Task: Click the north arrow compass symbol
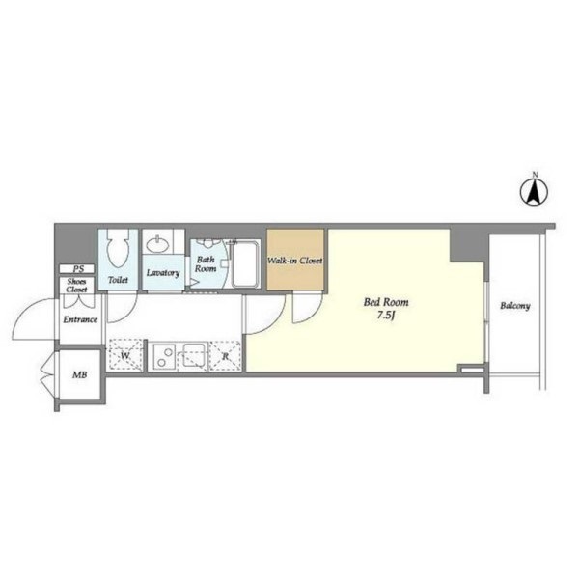click(535, 192)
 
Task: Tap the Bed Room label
click(386, 302)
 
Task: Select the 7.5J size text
click(386, 317)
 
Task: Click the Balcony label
click(515, 306)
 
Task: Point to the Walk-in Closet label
click(295, 261)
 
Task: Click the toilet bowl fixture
click(118, 248)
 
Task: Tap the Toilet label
click(118, 280)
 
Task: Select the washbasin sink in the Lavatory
click(159, 244)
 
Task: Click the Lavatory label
click(163, 273)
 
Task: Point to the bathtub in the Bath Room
click(245, 263)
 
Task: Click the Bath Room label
click(206, 264)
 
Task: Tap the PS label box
click(77, 269)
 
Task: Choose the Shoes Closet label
click(77, 286)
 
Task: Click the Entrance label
click(80, 319)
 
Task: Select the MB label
click(80, 375)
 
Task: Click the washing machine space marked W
click(124, 355)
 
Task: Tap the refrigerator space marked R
click(225, 357)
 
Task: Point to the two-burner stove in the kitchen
click(164, 356)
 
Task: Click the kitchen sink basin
click(194, 355)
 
